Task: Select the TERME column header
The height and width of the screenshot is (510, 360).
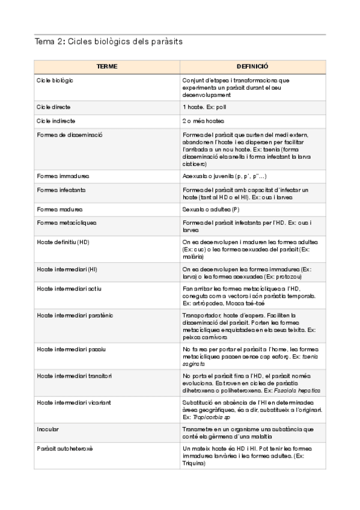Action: [x=107, y=66]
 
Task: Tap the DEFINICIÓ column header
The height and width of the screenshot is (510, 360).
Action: [x=252, y=66]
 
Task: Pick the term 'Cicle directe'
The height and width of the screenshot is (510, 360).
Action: [x=53, y=106]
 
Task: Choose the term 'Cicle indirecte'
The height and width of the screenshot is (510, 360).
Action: [x=55, y=120]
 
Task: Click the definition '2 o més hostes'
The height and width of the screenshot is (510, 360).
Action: [x=203, y=120]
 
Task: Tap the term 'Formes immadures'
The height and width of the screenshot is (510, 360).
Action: [x=63, y=176]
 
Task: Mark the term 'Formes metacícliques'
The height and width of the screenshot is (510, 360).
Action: [x=66, y=223]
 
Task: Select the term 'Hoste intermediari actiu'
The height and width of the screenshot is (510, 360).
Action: [x=69, y=289]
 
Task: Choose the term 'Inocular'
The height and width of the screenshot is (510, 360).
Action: [x=48, y=429]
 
